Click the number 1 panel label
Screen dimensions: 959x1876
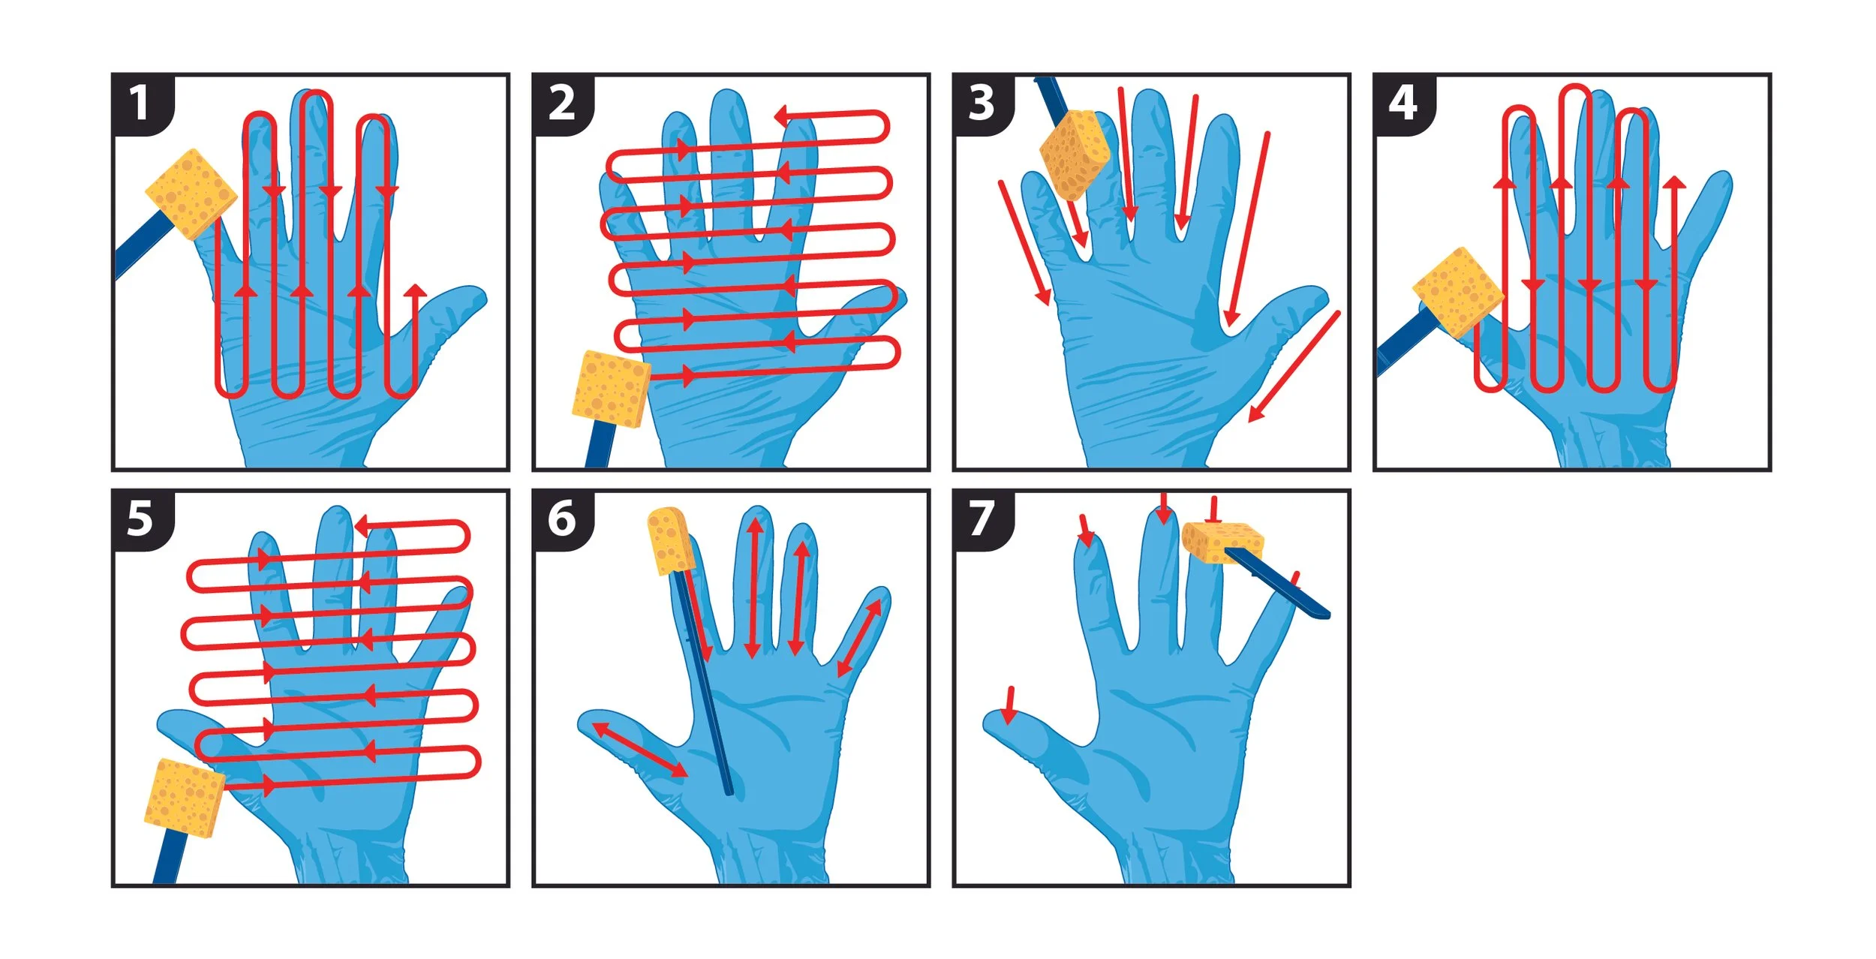140,103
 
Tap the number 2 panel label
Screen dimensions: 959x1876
561,103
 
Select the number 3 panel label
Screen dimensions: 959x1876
982,103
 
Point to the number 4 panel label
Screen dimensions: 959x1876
1402,103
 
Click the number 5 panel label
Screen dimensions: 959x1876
140,519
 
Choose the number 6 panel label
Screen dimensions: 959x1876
561,519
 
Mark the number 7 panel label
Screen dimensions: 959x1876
982,519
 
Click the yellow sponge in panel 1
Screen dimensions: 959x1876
191,194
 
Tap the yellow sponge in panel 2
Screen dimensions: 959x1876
611,389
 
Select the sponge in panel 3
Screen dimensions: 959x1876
1075,155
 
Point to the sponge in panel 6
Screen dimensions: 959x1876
670,540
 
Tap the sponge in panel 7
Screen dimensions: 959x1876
1221,542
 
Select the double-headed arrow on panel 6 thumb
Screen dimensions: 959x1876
639,750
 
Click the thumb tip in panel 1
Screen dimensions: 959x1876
475,296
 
